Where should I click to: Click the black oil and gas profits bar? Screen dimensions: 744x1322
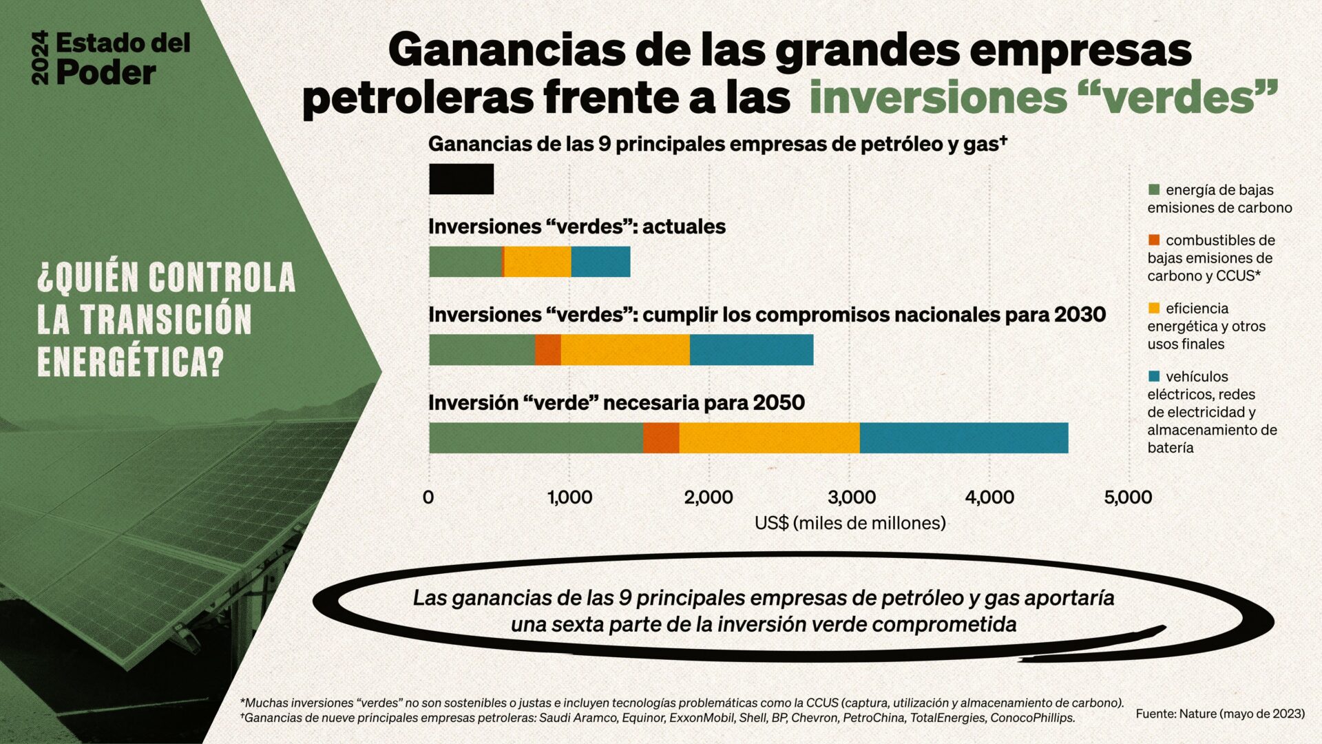point(461,179)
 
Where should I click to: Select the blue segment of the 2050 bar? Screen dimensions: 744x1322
point(963,438)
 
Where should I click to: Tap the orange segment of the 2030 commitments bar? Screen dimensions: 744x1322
point(548,350)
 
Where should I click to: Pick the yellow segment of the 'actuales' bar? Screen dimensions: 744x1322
point(537,262)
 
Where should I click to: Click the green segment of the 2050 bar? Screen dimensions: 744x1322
point(536,438)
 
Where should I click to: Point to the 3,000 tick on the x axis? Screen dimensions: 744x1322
point(852,497)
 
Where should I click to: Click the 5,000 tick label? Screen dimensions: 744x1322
point(1128,497)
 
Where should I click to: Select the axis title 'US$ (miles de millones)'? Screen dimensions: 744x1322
point(850,523)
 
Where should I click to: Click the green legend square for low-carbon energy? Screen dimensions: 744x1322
point(1154,189)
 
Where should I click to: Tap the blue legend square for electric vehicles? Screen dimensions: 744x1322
point(1154,376)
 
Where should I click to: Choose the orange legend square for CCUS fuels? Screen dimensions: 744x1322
point(1154,240)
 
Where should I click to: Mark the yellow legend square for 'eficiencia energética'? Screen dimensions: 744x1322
point(1154,308)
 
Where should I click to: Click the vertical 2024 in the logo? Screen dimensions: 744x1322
point(41,58)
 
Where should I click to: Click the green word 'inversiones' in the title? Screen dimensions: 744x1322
point(937,98)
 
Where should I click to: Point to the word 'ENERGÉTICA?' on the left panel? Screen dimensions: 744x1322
point(131,360)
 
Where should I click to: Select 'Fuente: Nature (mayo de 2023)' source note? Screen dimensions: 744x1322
point(1220,714)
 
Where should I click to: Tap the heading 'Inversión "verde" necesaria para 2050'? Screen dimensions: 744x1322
point(616,402)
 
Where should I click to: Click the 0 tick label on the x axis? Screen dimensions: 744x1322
point(428,497)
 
